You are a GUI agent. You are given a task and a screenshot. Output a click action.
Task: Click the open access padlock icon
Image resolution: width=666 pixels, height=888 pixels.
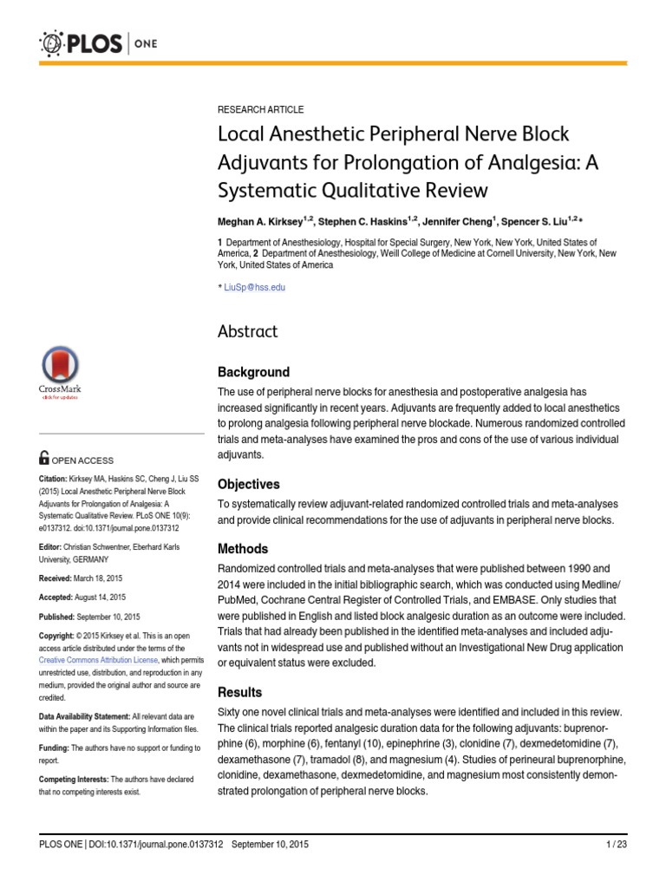click(44, 459)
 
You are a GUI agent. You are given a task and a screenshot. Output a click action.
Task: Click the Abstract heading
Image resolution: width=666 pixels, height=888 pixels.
click(247, 331)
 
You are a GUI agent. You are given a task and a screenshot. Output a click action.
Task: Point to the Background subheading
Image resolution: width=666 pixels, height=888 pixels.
click(253, 372)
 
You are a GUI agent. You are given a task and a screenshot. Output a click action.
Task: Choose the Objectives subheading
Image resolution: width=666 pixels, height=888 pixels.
click(248, 484)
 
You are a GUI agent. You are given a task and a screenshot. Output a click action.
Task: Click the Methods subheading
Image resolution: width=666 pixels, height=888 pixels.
click(242, 549)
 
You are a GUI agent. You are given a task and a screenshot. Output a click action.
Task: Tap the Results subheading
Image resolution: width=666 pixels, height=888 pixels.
click(239, 692)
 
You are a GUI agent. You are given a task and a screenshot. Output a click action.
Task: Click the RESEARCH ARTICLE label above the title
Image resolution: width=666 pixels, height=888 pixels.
click(260, 109)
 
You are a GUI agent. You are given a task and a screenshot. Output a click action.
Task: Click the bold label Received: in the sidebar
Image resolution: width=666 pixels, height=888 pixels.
click(58, 578)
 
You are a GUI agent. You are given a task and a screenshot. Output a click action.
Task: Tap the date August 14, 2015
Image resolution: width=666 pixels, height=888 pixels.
click(103, 597)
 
